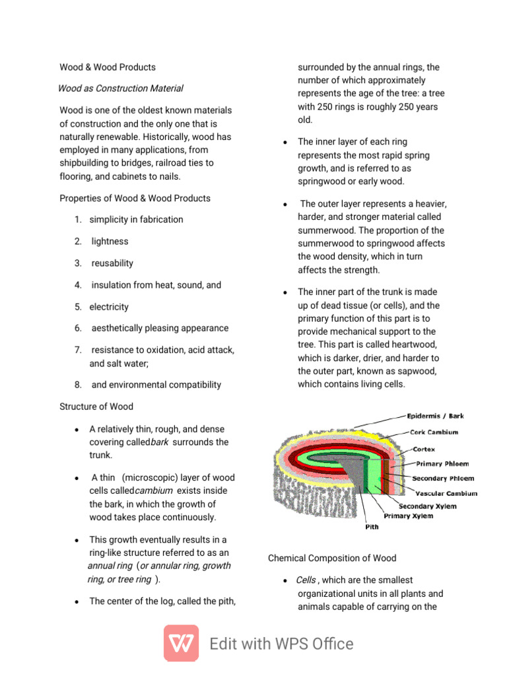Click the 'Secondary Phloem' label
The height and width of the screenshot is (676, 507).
coord(443,478)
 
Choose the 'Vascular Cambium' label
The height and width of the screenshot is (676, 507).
coord(446,493)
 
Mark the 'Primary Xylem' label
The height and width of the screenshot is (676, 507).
coord(409,516)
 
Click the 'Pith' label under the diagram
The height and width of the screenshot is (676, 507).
coord(372,527)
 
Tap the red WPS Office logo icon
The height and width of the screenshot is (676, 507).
coord(181,643)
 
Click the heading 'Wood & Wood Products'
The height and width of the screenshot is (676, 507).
coord(108,67)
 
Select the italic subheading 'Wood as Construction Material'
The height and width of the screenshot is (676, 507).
coord(121,88)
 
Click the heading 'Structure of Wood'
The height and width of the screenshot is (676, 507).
coord(96,407)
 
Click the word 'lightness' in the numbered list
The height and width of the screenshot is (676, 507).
coord(110,242)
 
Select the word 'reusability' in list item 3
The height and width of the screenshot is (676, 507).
coord(112,263)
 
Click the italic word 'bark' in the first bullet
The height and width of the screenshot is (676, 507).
coord(160,442)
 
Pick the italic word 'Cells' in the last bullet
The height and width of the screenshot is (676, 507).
coord(306,580)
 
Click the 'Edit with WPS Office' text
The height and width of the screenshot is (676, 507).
coord(281,644)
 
